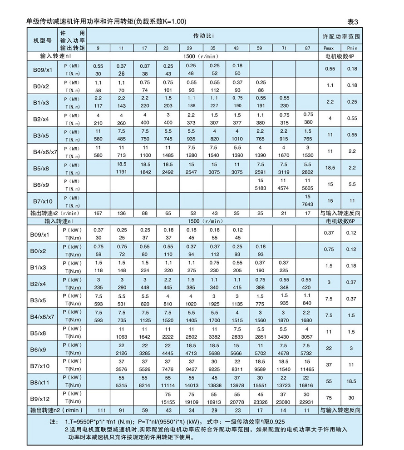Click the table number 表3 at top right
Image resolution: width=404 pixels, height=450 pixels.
click(353, 21)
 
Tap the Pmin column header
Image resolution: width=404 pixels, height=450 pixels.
click(352, 48)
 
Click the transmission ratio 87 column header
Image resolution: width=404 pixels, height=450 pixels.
click(308, 48)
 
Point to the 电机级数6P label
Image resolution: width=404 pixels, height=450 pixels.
click(340, 221)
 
